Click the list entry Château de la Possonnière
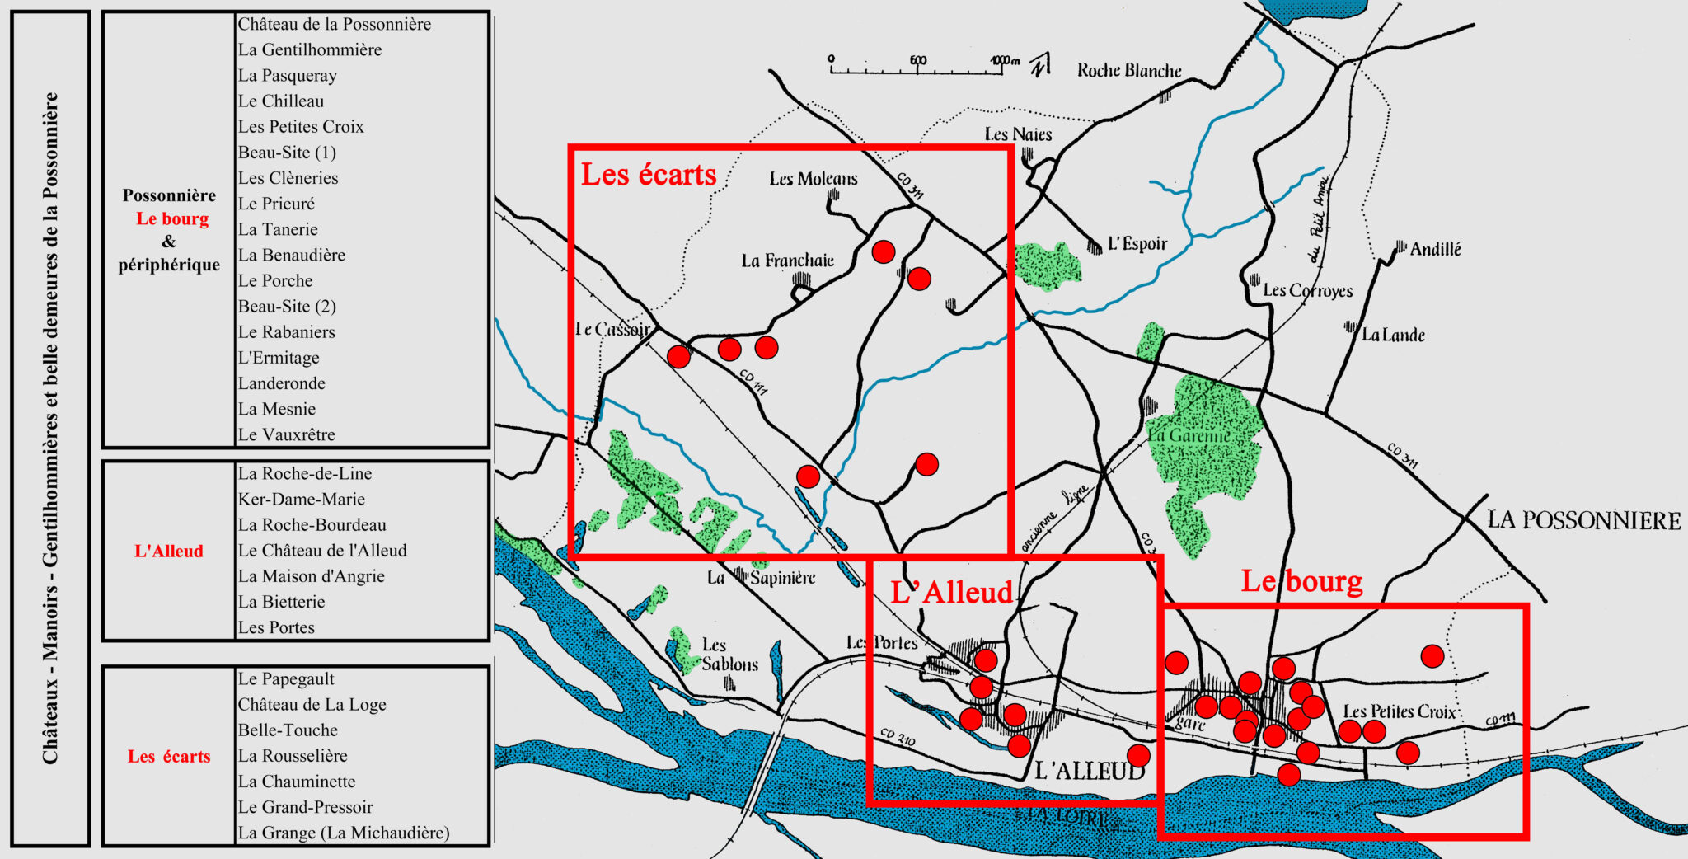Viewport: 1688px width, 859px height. (x=334, y=24)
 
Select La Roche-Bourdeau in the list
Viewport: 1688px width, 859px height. (x=312, y=524)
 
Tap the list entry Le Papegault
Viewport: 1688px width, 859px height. (x=286, y=678)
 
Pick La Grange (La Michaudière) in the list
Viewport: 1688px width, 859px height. (x=344, y=833)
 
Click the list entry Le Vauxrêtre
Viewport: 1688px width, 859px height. (x=286, y=434)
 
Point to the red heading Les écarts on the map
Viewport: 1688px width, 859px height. (x=649, y=175)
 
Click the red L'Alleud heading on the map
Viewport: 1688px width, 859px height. (x=951, y=593)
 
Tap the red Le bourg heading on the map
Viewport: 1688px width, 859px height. (x=1301, y=581)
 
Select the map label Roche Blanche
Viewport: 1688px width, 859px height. (x=1129, y=71)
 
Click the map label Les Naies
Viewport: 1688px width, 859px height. (x=1018, y=134)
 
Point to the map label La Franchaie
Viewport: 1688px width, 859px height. (x=787, y=261)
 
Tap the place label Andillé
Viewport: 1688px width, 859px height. (x=1435, y=249)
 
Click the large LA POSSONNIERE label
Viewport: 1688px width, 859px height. (x=1583, y=521)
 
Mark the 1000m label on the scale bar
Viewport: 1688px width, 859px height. (x=1005, y=60)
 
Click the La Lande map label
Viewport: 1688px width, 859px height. (x=1393, y=335)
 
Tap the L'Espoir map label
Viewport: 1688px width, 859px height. (x=1137, y=244)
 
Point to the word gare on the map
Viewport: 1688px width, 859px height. (x=1190, y=723)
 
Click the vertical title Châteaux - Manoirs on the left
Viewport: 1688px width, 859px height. (x=50, y=429)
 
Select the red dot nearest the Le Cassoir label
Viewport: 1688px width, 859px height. (x=678, y=356)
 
